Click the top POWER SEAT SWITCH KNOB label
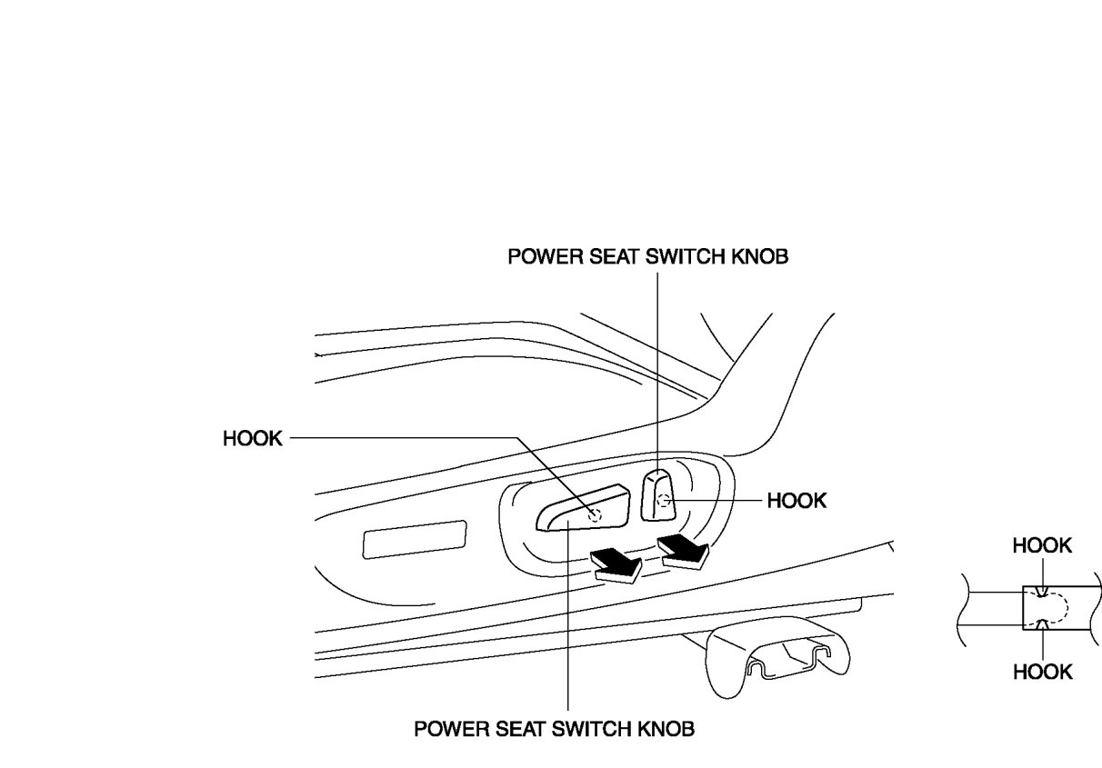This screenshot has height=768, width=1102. (x=647, y=256)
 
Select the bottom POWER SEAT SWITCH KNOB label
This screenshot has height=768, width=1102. (x=555, y=729)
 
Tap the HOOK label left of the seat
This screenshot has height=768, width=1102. (x=252, y=439)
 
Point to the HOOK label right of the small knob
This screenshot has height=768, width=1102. (x=796, y=501)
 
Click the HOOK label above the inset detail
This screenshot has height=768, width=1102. (x=1042, y=545)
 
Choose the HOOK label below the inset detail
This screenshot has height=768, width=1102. (x=1042, y=672)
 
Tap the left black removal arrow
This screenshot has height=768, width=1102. (x=616, y=564)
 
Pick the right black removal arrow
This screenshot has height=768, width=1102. (x=685, y=550)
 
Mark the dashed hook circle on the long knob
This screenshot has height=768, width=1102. (x=595, y=515)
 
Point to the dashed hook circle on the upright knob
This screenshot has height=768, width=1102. (x=663, y=500)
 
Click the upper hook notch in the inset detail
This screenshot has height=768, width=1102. (x=1039, y=591)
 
